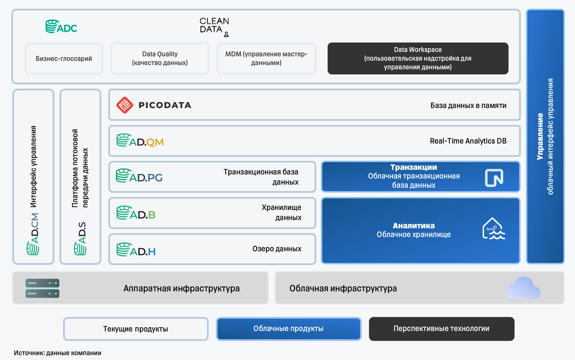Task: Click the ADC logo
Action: (x=61, y=27)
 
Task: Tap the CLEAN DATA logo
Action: (x=214, y=27)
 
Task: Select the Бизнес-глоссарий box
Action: (x=64, y=58)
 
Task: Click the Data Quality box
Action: (x=160, y=58)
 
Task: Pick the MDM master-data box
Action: (x=266, y=58)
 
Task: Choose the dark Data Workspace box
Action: (x=418, y=58)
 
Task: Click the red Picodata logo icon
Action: (x=124, y=105)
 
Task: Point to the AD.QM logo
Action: (x=140, y=141)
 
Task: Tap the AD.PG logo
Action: (x=139, y=176)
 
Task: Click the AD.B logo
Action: (x=136, y=213)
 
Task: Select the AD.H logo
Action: (x=136, y=250)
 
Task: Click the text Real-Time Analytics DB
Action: (x=468, y=141)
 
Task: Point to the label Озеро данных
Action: (x=277, y=249)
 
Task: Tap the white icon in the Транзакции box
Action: (x=494, y=177)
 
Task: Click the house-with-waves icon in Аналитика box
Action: (x=494, y=229)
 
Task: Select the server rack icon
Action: (x=43, y=288)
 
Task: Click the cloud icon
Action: (x=523, y=288)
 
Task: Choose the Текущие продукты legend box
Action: (x=135, y=329)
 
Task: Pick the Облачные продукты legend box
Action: (x=288, y=329)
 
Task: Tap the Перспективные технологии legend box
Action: (x=441, y=329)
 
